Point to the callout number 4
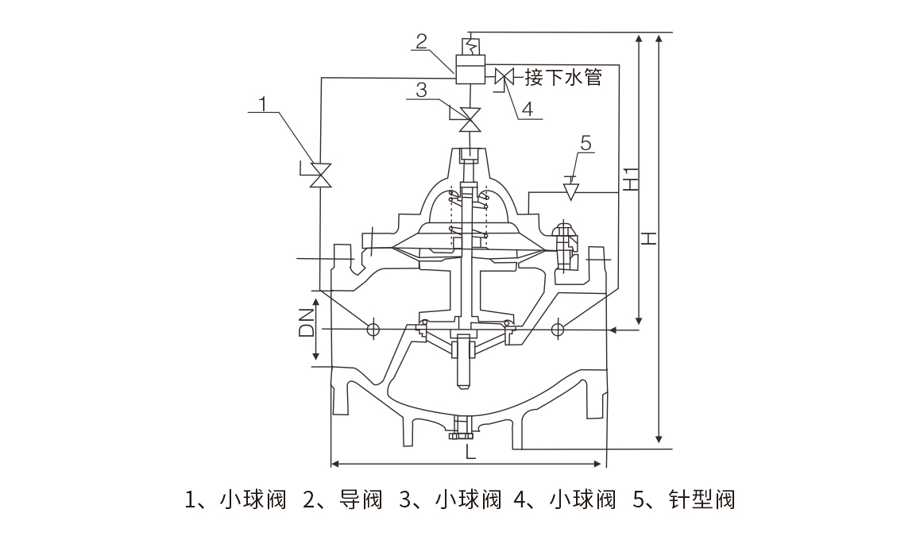click(x=527, y=106)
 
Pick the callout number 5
click(x=586, y=143)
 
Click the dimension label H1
click(x=630, y=179)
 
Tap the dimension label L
click(x=470, y=453)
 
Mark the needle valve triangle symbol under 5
click(x=570, y=192)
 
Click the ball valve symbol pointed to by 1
click(x=320, y=175)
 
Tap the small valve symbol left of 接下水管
click(x=503, y=78)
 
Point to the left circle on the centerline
click(x=372, y=329)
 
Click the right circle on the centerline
click(x=559, y=329)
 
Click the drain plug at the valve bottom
click(x=461, y=429)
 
